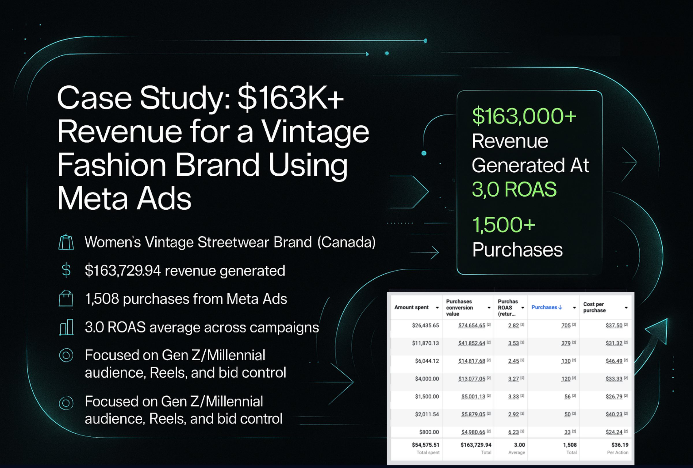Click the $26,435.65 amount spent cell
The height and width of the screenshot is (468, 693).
pos(425,325)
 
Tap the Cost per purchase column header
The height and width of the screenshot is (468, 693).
pos(594,307)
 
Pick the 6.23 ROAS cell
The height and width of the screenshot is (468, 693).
pos(513,432)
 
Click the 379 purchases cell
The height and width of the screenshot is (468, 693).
pos(566,343)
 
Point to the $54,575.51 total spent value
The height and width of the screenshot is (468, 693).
pos(426,445)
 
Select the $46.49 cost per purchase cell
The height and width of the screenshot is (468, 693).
pos(614,361)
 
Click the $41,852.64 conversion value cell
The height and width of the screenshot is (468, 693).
pos(472,343)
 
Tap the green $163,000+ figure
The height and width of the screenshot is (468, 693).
pos(524,116)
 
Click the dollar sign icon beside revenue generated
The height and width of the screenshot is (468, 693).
pos(66,270)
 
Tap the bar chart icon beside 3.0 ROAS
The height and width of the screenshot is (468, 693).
pos(66,327)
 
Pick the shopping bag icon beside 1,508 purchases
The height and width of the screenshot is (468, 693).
pos(66,298)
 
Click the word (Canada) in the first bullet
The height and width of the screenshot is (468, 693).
pos(346,242)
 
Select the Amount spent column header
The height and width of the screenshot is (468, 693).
pos(411,307)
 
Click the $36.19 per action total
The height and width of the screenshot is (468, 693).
pos(620,445)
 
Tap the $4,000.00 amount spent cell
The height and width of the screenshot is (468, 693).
pos(427,379)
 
